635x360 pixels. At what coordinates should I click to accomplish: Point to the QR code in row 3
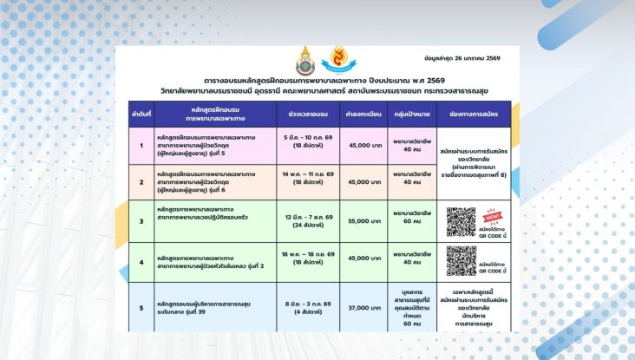462,221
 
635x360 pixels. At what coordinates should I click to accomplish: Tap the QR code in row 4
462,260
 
